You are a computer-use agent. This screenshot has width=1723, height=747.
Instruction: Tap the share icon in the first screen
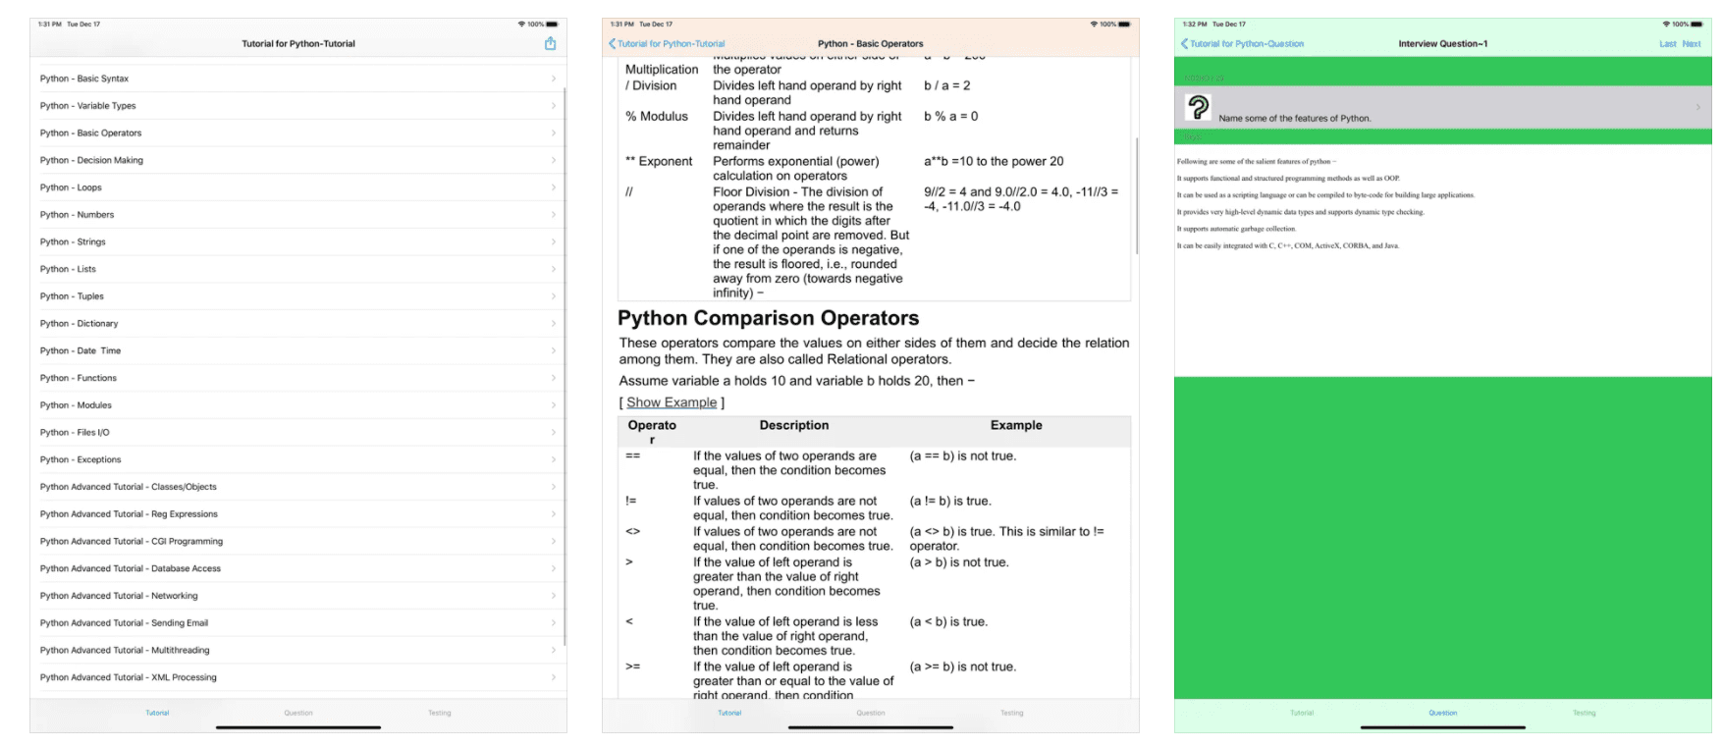pyautogui.click(x=550, y=43)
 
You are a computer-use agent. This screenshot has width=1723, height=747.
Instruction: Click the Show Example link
pyautogui.click(x=672, y=402)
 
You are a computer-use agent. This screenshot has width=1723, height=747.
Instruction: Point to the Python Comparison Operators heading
pyautogui.click(x=768, y=318)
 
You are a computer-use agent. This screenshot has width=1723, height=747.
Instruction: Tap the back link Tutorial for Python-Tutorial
pyautogui.click(x=667, y=44)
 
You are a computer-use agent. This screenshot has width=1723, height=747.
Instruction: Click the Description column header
pyautogui.click(x=793, y=426)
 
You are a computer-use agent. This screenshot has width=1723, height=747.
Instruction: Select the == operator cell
pyautogui.click(x=633, y=456)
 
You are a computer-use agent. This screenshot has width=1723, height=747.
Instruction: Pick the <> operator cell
pyautogui.click(x=633, y=532)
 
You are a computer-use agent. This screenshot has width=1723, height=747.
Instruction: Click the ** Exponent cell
pyautogui.click(x=659, y=162)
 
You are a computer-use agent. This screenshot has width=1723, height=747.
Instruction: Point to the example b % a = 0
pyautogui.click(x=950, y=117)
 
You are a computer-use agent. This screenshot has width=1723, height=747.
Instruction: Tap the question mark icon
pyautogui.click(x=1198, y=107)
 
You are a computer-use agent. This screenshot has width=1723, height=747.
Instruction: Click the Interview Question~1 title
pyautogui.click(x=1442, y=44)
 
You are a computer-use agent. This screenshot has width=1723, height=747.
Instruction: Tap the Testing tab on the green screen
pyautogui.click(x=1584, y=713)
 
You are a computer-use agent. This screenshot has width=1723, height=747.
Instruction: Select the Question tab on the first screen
pyautogui.click(x=298, y=713)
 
